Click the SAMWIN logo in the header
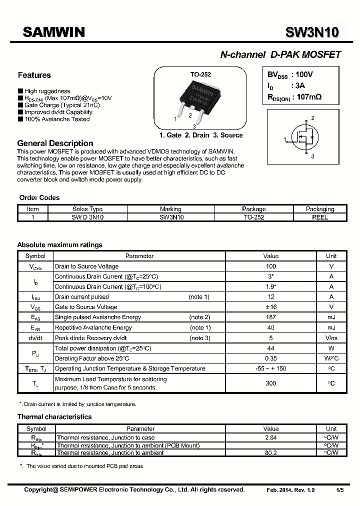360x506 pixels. pos(54,32)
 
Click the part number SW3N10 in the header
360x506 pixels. pos(312,32)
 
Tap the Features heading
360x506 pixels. pos(34,75)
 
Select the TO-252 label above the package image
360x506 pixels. pos(200,74)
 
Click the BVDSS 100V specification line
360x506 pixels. pos(290,74)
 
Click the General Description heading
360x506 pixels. pos(55,143)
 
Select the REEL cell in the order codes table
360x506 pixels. pos(320,217)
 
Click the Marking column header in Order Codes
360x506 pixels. pos(170,209)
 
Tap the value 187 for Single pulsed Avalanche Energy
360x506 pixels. pos(271,317)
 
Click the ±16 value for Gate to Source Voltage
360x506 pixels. pos(271,307)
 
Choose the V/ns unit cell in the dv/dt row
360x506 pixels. pos(331,338)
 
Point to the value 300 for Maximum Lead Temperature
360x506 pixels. pos(271,383)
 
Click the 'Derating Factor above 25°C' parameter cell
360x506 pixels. pos(92,358)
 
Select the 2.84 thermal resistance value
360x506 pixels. pos(271,437)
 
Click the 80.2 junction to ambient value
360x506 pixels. pos(271,453)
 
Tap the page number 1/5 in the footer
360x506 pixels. pos(340,490)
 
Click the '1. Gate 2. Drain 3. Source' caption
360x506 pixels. pos(201,135)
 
